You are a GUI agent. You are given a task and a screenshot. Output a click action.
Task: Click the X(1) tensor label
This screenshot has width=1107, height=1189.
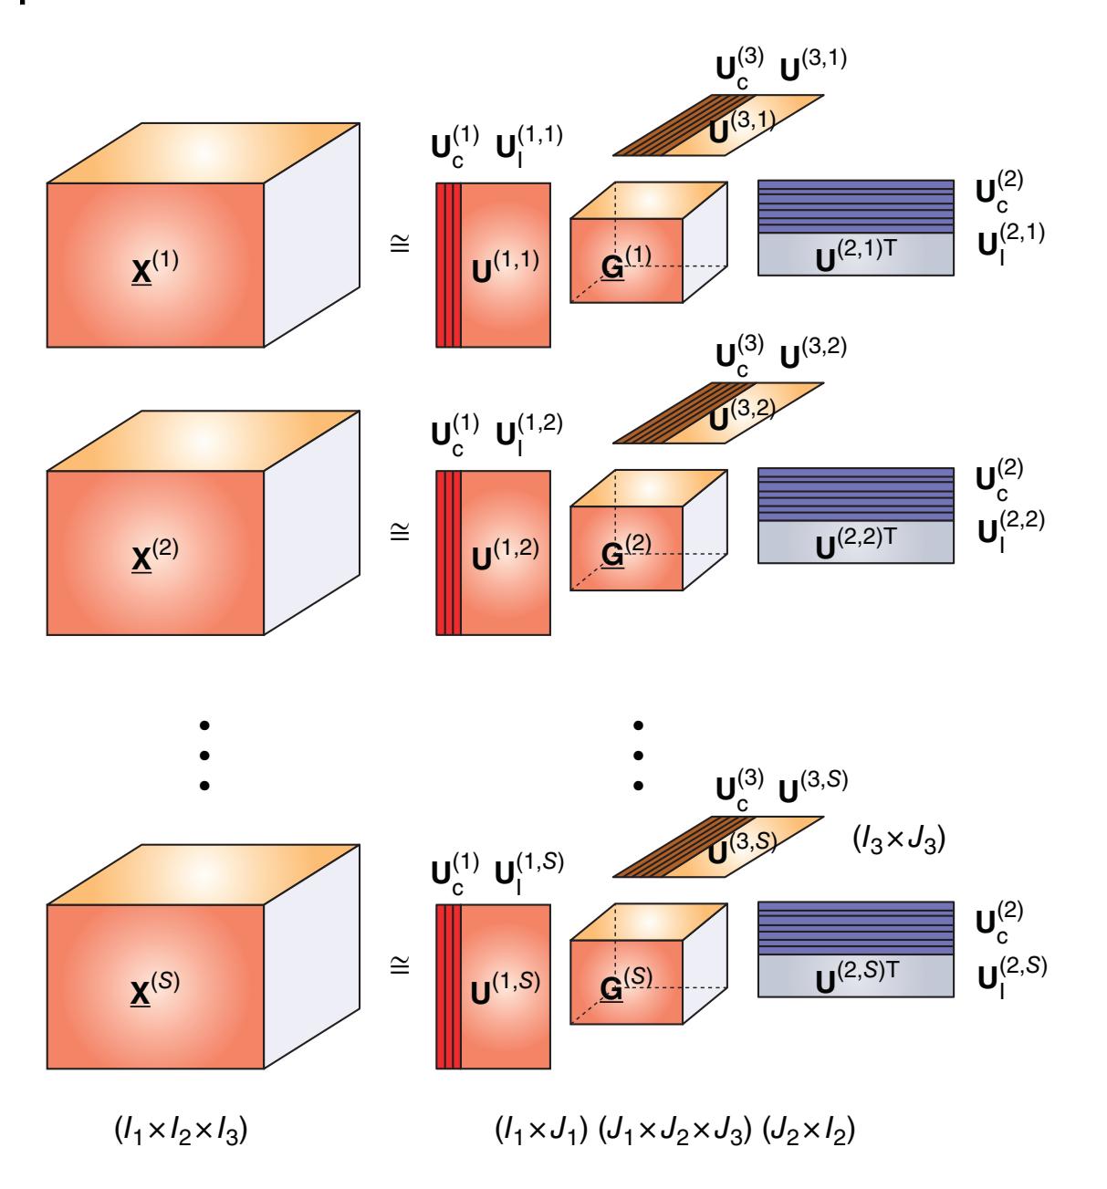(x=155, y=263)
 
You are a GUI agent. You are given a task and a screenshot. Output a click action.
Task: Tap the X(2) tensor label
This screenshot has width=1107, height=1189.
(x=155, y=550)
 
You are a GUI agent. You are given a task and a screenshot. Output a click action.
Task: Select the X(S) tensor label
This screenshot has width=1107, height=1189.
(x=155, y=984)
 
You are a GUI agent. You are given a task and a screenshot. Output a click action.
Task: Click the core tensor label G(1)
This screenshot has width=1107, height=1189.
(x=625, y=262)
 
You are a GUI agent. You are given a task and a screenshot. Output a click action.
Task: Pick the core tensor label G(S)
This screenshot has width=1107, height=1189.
(x=625, y=983)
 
